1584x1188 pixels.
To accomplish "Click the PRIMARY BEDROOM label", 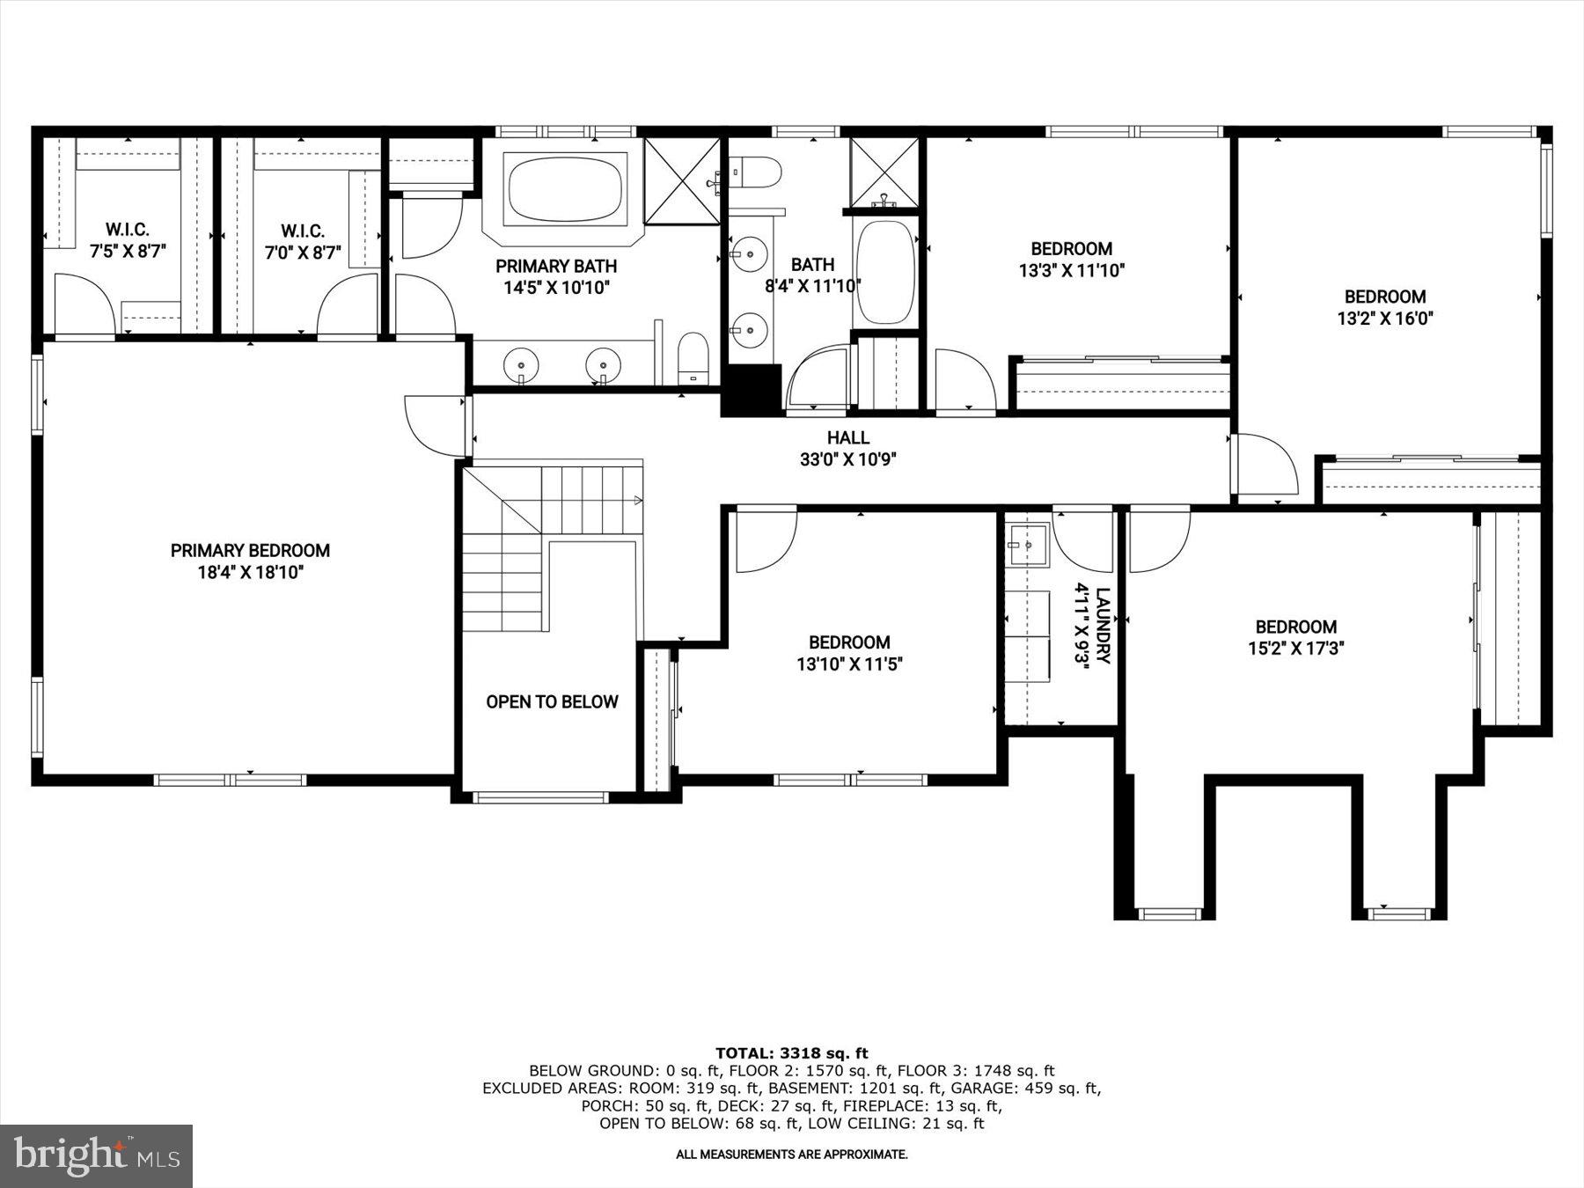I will (250, 551).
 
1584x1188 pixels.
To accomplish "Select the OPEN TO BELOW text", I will (552, 702).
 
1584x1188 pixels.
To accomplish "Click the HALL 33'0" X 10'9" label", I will (848, 448).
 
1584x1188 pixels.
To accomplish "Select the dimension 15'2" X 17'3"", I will (1295, 649).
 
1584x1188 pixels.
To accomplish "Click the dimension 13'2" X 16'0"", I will (1385, 319).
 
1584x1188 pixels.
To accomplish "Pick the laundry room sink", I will (1028, 545).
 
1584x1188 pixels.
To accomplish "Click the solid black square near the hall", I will (751, 390).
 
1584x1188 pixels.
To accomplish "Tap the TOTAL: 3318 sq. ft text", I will (791, 1052).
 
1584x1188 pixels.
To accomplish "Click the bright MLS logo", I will (96, 1155).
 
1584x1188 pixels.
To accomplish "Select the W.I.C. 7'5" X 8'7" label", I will (128, 240).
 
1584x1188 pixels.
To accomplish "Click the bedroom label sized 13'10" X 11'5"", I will (849, 653).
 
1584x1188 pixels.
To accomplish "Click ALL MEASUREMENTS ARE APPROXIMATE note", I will (791, 1155).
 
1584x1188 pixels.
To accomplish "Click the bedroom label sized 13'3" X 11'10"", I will (1071, 260).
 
